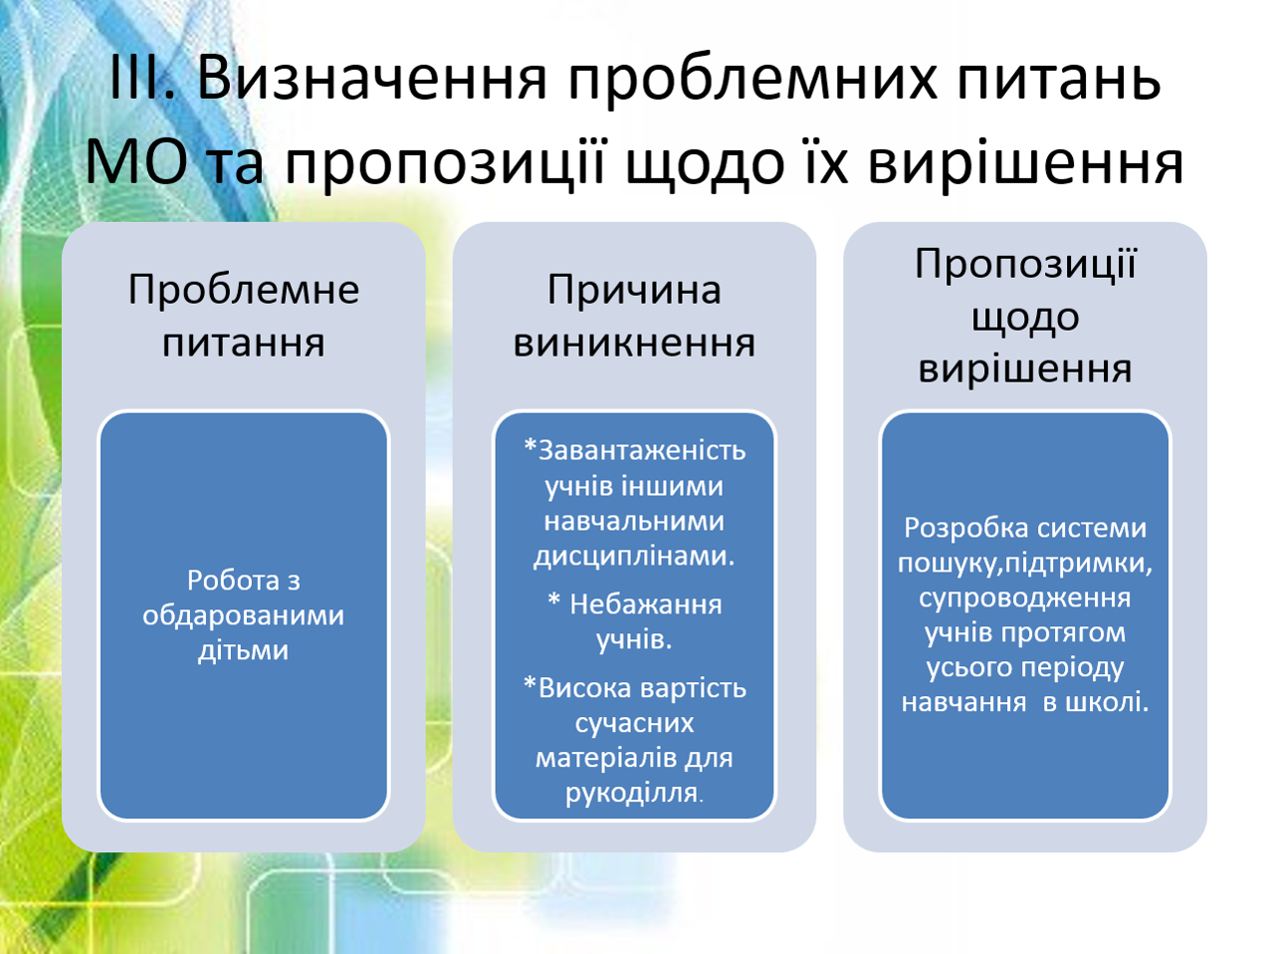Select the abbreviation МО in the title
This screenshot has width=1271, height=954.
(x=136, y=162)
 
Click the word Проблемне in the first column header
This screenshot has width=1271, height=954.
(x=244, y=289)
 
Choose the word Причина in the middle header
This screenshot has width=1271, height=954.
(x=634, y=291)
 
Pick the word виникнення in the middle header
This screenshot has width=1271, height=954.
(x=634, y=343)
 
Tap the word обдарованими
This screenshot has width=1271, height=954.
(x=243, y=615)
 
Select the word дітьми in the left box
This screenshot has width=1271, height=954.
(x=243, y=650)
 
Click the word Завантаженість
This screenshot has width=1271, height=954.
(x=642, y=451)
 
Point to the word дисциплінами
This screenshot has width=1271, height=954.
(x=634, y=556)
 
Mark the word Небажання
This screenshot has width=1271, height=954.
(x=646, y=604)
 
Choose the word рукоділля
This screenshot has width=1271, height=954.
(x=632, y=793)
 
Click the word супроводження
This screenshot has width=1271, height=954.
(x=1024, y=598)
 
